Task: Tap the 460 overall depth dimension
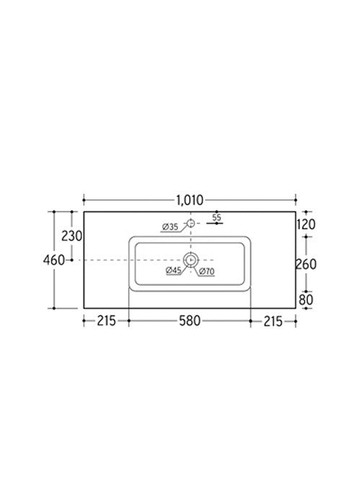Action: (54, 259)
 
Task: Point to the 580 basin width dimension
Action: (190, 320)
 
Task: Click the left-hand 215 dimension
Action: (106, 320)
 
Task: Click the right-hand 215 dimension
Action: (273, 320)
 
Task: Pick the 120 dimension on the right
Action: (306, 225)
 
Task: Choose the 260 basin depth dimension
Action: (307, 264)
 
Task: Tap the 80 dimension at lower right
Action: (307, 298)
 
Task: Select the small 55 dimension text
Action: (216, 217)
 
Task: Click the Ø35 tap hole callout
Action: (170, 228)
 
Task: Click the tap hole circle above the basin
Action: (190, 223)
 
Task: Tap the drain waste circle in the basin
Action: (190, 260)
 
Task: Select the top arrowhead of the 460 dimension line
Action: (54, 213)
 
